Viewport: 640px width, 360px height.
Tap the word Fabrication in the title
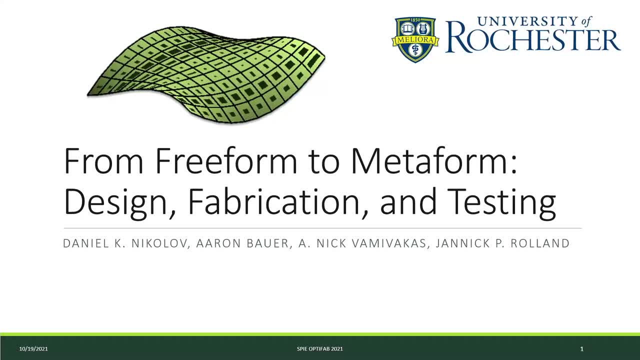pyautogui.click(x=277, y=202)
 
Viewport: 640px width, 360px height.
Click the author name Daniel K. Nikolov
pyautogui.click(x=125, y=243)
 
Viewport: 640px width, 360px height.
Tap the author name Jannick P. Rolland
pyautogui.click(x=502, y=243)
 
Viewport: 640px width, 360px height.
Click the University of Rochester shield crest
pyautogui.click(x=415, y=39)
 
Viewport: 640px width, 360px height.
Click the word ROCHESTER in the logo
pyautogui.click(x=533, y=40)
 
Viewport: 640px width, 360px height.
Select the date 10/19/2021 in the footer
pyautogui.click(x=33, y=348)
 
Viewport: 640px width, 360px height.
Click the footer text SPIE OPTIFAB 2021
pyautogui.click(x=319, y=348)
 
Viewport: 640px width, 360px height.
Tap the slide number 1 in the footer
pyautogui.click(x=581, y=348)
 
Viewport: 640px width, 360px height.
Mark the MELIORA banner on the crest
pyautogui.click(x=415, y=39)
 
